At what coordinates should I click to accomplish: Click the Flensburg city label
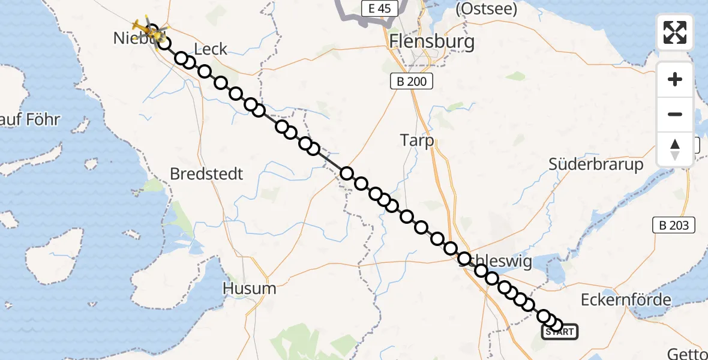[x=432, y=41]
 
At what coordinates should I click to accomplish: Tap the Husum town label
[x=250, y=288]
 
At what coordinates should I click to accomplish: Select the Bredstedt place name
[x=206, y=174]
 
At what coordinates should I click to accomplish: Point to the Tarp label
[x=417, y=140]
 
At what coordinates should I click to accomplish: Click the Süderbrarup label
[x=596, y=164]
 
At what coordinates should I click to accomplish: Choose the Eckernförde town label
[x=626, y=299]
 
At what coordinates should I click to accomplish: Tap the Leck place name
[x=211, y=49]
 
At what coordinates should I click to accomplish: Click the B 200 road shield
[x=411, y=81]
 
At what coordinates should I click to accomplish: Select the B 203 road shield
[x=674, y=225]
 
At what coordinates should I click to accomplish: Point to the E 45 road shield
[x=380, y=8]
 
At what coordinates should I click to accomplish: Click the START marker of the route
[x=560, y=332]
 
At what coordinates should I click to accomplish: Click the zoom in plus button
[x=675, y=79]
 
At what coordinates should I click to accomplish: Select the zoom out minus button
[x=675, y=114]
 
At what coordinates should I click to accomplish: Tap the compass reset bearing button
[x=675, y=149]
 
